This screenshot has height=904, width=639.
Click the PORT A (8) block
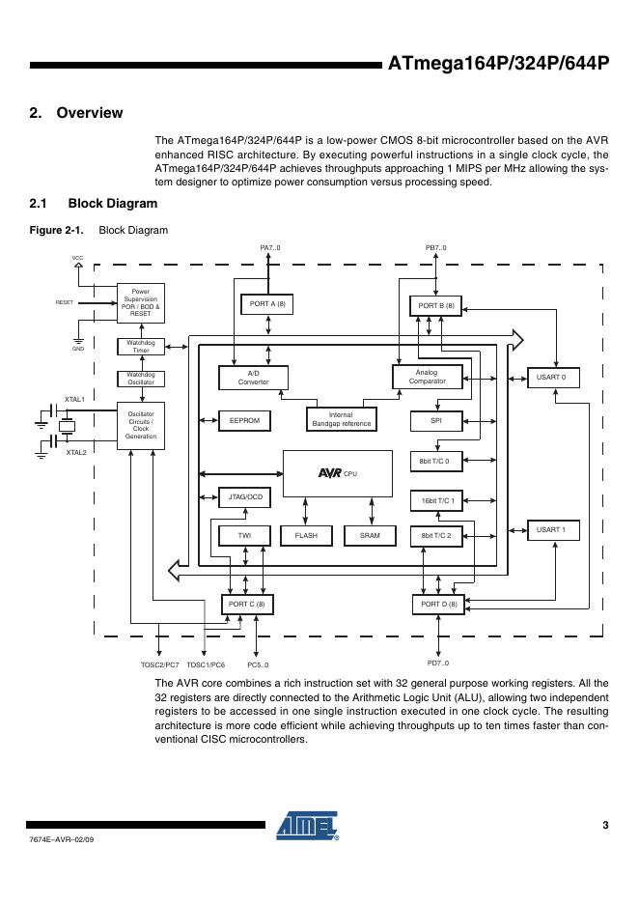point(267,304)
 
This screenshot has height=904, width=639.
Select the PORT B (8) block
point(435,306)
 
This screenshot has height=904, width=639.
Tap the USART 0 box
point(551,377)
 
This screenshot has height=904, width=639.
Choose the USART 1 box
point(551,530)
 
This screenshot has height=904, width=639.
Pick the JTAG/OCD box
point(244,497)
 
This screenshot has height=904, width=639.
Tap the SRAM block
point(370,535)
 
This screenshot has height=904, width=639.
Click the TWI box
point(244,535)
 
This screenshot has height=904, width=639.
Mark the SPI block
point(435,421)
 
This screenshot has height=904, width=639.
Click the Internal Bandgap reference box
point(341,419)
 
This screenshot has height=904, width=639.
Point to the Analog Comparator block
point(426,377)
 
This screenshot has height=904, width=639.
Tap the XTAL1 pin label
point(75,399)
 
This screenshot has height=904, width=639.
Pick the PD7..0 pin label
point(437,664)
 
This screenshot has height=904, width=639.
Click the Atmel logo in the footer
point(307,826)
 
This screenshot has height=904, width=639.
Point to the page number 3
point(605,825)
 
